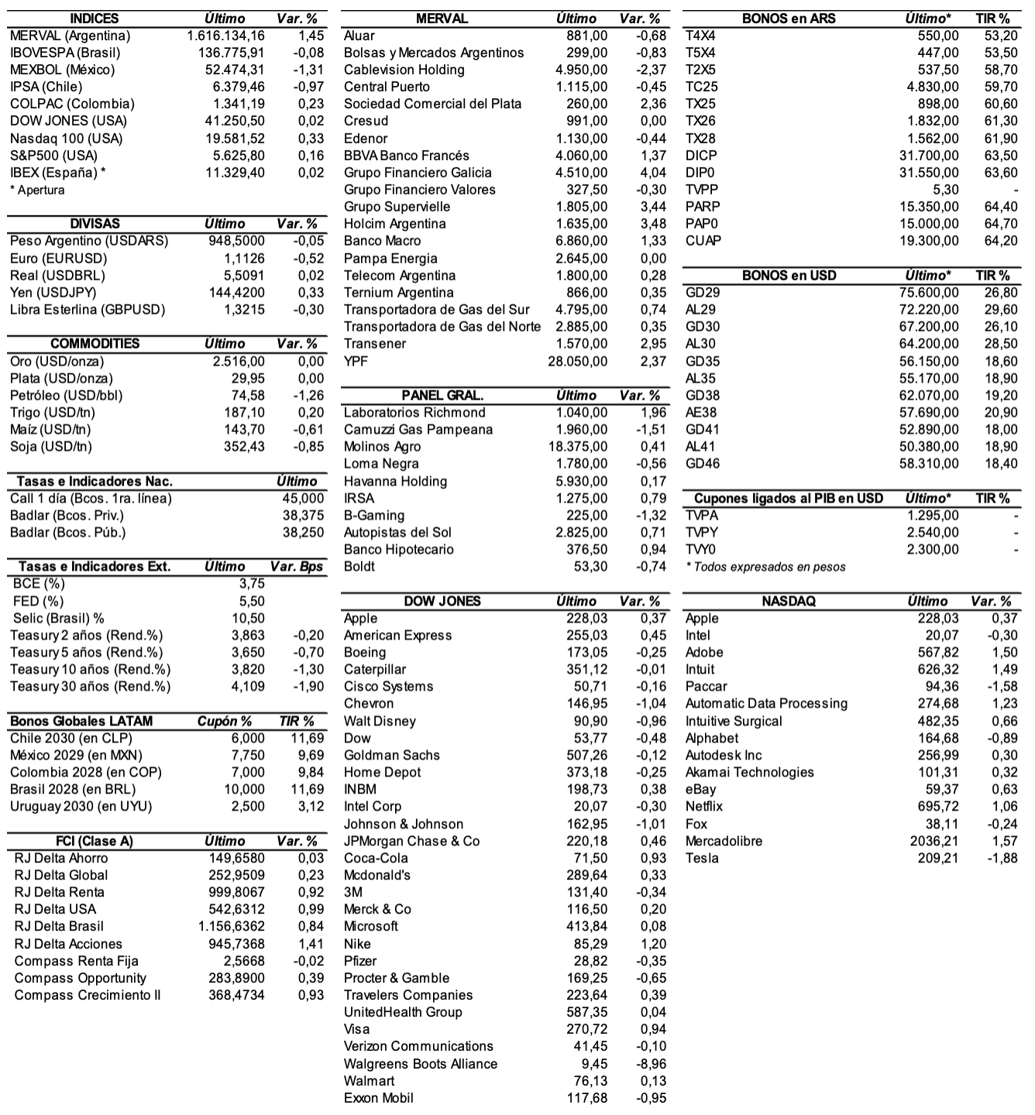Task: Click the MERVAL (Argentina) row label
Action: point(70,36)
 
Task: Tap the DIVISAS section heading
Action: point(95,224)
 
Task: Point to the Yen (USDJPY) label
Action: point(53,293)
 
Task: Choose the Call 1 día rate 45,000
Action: point(303,499)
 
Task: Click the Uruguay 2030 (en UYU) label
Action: point(81,807)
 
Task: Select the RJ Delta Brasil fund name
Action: point(59,927)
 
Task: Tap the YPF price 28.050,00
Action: point(577,362)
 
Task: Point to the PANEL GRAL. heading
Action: point(442,396)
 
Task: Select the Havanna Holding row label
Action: point(395,482)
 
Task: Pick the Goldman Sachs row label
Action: point(391,756)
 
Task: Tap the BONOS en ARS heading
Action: point(789,19)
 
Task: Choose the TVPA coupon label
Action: point(702,516)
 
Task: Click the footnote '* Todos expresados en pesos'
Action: point(765,568)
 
